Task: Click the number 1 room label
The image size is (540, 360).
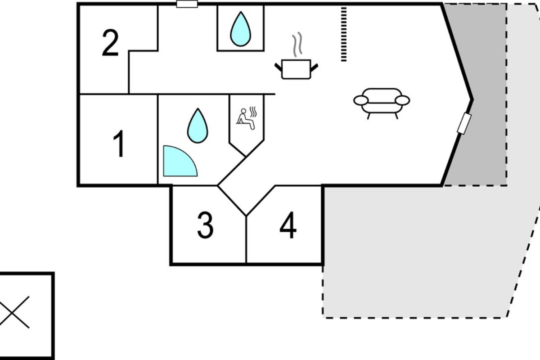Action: coord(119,144)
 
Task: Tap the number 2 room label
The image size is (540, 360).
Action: coord(110,43)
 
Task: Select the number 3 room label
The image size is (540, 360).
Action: coord(205,225)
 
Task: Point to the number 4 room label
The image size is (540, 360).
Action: coord(288,225)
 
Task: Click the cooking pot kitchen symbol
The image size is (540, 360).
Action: coord(296,69)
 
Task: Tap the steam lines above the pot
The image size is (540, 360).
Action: coord(297,45)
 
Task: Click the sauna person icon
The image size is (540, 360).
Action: coord(246,118)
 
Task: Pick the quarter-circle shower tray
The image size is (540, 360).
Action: coord(179,162)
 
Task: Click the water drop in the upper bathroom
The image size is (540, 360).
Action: coord(241,29)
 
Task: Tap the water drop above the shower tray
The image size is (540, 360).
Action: coord(198,126)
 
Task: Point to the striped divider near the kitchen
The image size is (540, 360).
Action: coord(344,34)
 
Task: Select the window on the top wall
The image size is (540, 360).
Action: coord(187,4)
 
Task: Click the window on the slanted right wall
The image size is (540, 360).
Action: coord(464,123)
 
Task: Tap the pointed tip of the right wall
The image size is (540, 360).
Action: coord(472,99)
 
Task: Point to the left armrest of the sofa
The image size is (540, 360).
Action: coord(361,100)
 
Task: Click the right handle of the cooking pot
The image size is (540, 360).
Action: coord(314,68)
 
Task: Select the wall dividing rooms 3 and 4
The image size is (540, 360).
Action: coord(246,239)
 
